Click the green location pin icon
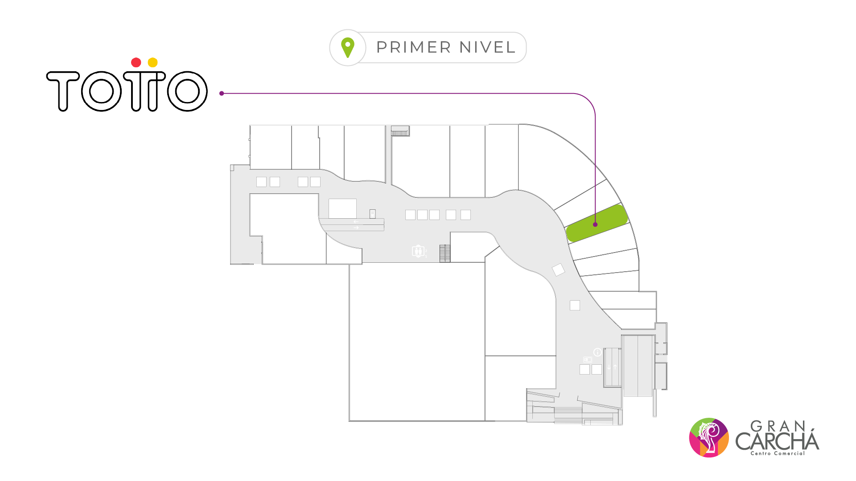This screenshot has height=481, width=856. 348,47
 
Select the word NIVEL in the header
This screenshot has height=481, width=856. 487,47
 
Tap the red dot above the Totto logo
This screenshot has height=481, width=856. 136,62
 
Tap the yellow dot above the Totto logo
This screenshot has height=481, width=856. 152,62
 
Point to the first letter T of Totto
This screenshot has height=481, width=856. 63,90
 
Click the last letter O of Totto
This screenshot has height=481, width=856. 187,91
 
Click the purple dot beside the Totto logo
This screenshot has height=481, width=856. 222,94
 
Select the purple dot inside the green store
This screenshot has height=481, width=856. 595,224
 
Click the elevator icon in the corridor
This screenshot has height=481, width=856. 418,251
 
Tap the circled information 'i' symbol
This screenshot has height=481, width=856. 597,352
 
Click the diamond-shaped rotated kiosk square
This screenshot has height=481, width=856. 558,269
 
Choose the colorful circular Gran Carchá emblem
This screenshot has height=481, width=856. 709,437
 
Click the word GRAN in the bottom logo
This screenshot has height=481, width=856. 778,426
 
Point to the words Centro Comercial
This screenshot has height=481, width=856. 778,453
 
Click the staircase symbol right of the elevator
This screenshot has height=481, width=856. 445,253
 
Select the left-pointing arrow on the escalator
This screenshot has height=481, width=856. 356,221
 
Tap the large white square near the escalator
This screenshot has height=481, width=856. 342,208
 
